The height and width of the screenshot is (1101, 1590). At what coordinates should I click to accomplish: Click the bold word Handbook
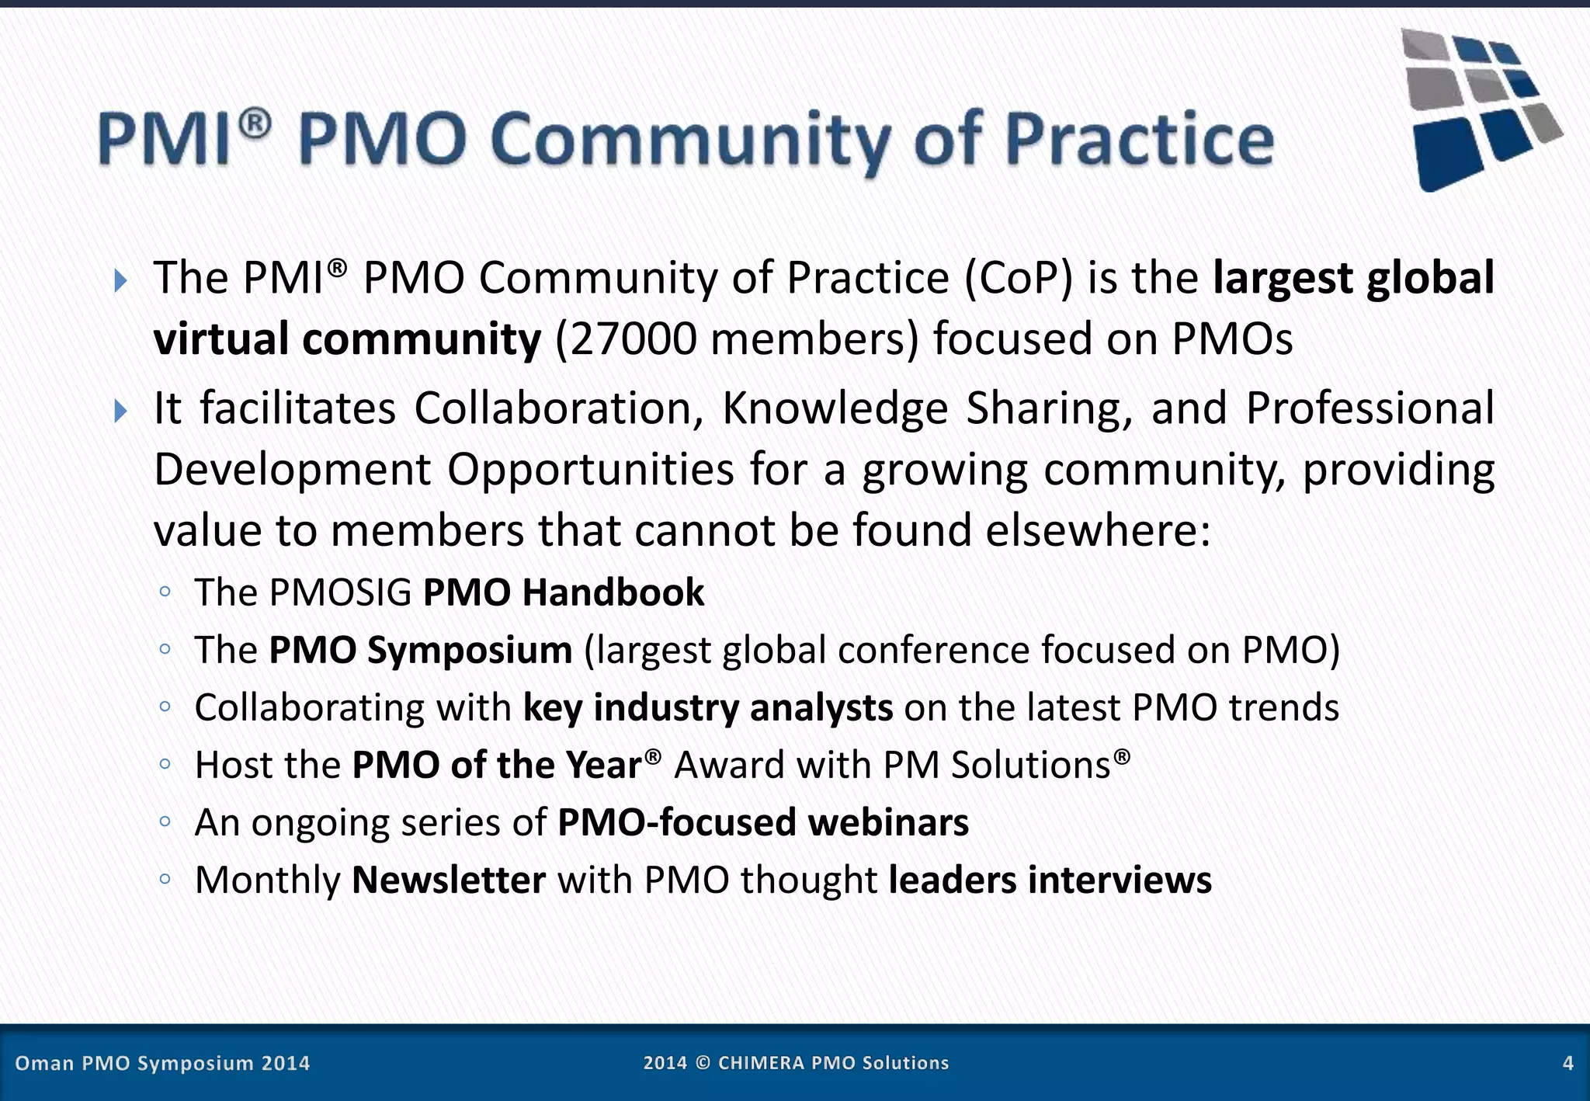click(613, 592)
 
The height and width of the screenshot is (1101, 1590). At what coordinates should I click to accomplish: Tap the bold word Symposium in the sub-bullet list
click(469, 651)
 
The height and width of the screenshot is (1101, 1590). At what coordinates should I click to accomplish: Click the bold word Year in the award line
click(602, 766)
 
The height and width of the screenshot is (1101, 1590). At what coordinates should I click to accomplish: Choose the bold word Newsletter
click(449, 880)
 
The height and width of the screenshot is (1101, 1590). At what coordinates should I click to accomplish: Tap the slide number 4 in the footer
click(1567, 1063)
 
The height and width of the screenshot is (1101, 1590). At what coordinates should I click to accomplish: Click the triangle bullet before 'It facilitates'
click(120, 410)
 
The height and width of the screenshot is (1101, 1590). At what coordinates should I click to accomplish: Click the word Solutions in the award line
click(1031, 766)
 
